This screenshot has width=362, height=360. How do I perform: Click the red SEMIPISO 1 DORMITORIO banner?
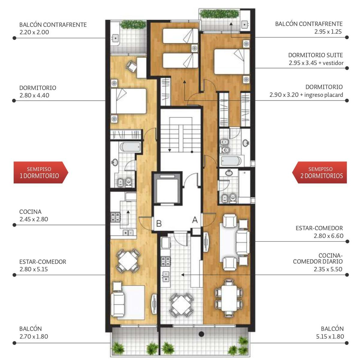[x=41, y=172]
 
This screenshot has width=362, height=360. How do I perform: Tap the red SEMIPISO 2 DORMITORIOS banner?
[x=319, y=172]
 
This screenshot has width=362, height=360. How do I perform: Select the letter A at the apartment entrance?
[x=195, y=220]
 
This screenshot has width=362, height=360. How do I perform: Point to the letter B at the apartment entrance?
[x=159, y=223]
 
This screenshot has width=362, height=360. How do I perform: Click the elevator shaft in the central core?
[x=168, y=188]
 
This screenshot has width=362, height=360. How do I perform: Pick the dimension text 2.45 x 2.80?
[x=34, y=219]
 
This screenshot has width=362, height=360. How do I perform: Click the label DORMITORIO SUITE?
[x=316, y=55]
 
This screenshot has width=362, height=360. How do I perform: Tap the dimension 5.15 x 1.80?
[x=330, y=336]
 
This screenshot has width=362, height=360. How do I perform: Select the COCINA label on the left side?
[x=31, y=211]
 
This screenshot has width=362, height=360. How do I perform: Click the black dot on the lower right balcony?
[x=201, y=334]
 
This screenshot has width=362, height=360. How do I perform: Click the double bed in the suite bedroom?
[x=232, y=61]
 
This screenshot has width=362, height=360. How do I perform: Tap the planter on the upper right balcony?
[x=220, y=14]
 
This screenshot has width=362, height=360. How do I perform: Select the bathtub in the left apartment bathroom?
[x=130, y=147]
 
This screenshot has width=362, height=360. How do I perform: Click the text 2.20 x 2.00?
[x=34, y=32]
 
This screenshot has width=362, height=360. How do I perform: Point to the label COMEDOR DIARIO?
[x=318, y=261]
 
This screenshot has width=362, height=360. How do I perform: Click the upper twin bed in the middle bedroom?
[x=180, y=36]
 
